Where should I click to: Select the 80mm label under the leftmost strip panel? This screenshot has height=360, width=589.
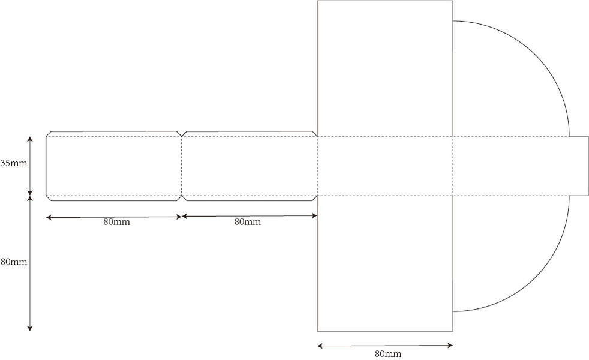coord(116,222)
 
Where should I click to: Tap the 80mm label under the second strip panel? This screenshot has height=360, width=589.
coord(247,222)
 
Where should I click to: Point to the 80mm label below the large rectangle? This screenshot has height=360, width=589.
coord(388,353)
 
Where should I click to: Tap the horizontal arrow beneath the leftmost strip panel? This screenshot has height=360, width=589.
coord(114,217)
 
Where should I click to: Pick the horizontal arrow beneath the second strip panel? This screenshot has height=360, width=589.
coord(249,216)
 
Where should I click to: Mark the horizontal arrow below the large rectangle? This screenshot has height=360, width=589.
coord(384,346)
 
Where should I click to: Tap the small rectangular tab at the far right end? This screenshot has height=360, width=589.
coord(579,166)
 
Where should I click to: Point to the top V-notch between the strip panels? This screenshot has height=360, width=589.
coord(181,133)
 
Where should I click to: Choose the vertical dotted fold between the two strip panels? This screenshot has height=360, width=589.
coord(181,166)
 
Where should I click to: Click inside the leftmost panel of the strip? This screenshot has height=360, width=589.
coord(114,166)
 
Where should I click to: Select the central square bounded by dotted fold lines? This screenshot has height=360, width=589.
coord(384,166)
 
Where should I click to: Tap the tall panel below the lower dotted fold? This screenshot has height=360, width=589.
coord(384,263)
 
